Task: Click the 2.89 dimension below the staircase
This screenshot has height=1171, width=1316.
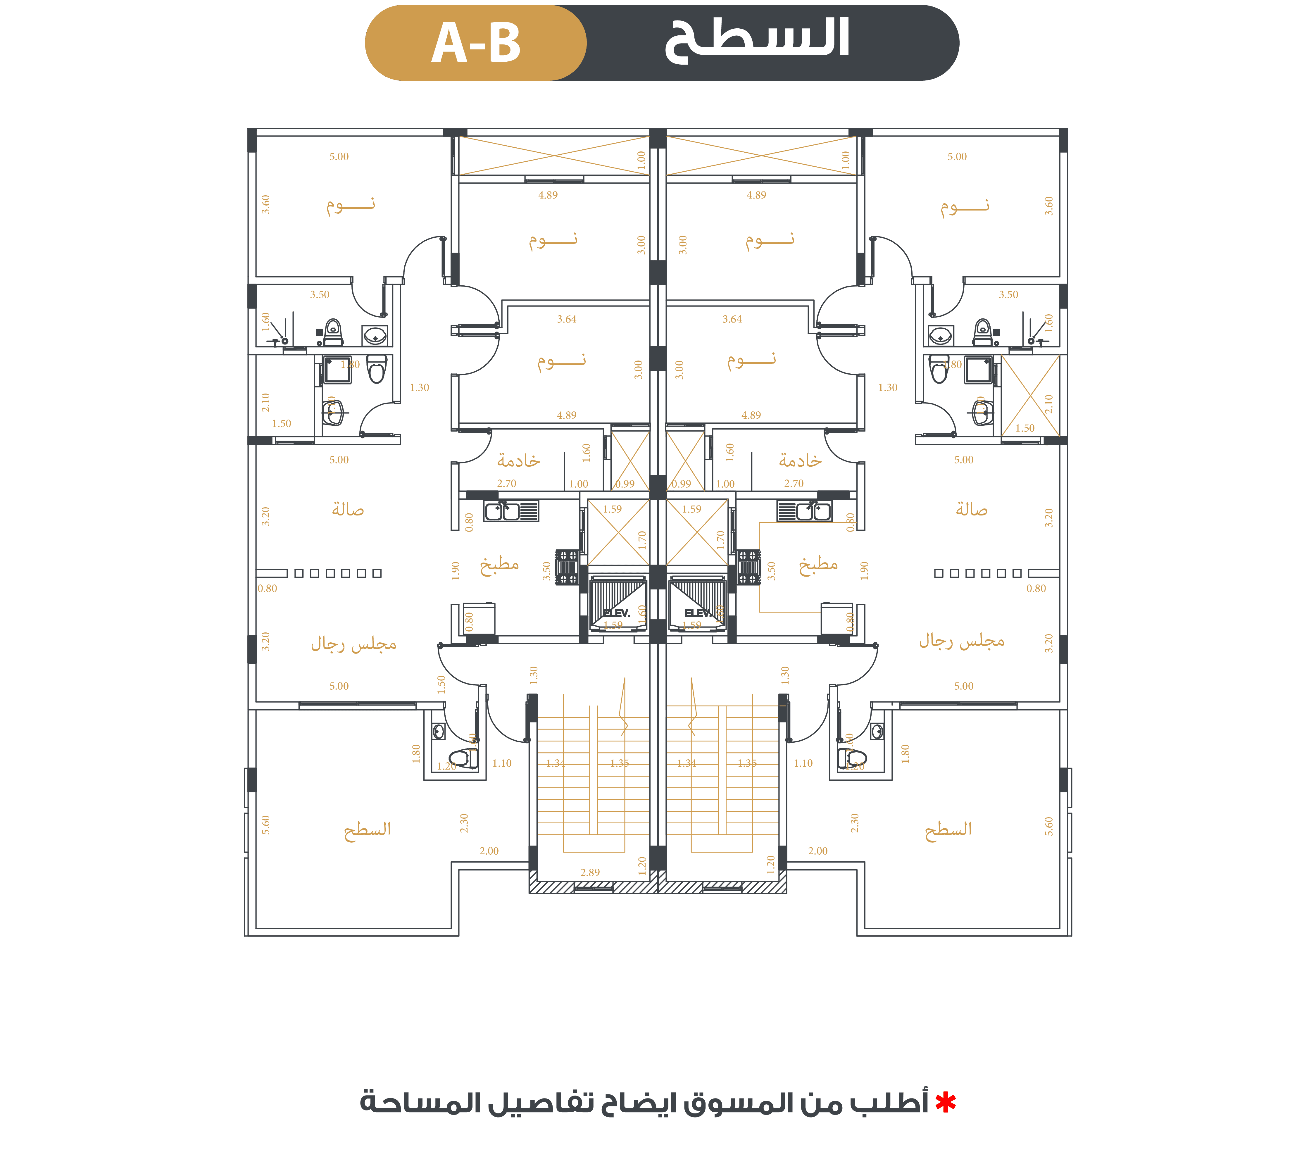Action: pos(590,872)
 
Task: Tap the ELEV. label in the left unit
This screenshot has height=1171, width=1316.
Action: pos(617,613)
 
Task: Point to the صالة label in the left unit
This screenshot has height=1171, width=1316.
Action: pos(348,510)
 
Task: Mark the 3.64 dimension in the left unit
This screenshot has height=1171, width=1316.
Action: pos(567,319)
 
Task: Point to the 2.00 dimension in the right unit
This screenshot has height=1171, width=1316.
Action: pos(818,851)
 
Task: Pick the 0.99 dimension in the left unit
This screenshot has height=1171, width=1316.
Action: pos(625,484)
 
